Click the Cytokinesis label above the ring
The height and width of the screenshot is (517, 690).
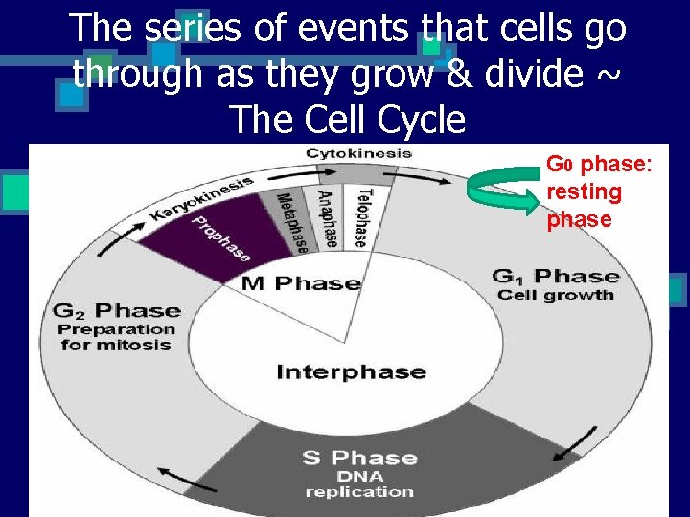pyautogui.click(x=358, y=153)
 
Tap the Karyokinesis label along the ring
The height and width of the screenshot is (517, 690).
pyautogui.click(x=201, y=197)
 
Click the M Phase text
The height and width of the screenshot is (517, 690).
pyautogui.click(x=300, y=283)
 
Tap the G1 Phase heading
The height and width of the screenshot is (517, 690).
pyautogui.click(x=555, y=277)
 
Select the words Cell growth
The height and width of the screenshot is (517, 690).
pyautogui.click(x=555, y=296)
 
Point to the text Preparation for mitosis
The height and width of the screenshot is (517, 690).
pyautogui.click(x=118, y=337)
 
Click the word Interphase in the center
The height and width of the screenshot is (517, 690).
pyautogui.click(x=351, y=371)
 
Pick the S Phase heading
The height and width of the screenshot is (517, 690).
pyautogui.click(x=359, y=458)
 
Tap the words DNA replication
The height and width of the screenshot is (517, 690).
pyautogui.click(x=359, y=483)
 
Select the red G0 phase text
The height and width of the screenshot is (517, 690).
pyautogui.click(x=598, y=191)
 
